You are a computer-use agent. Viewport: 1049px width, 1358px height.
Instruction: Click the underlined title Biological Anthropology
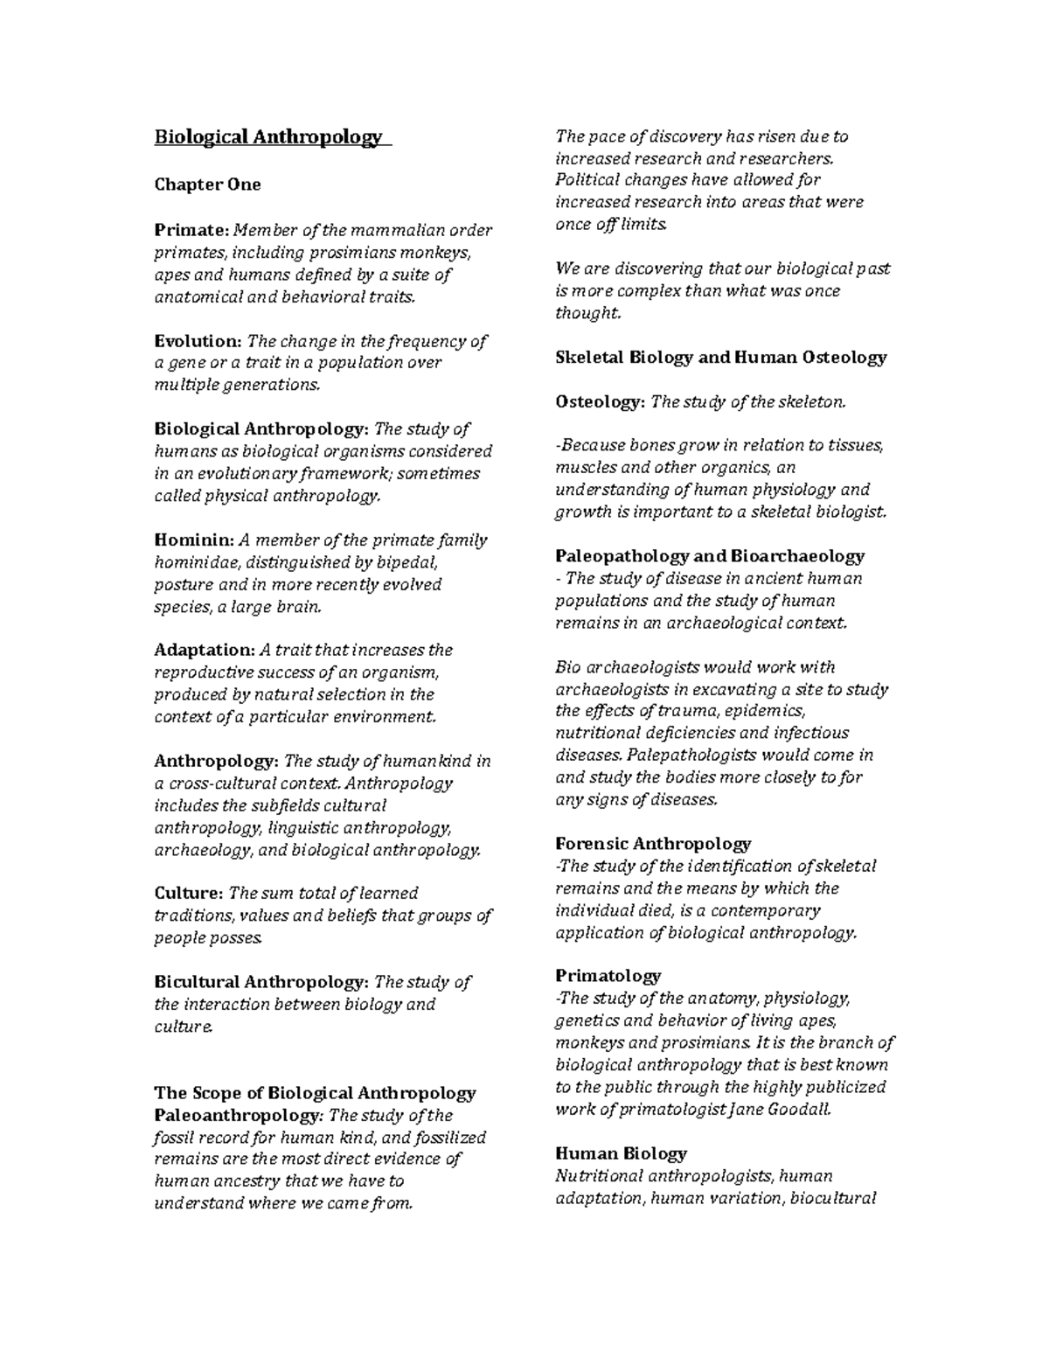click(268, 137)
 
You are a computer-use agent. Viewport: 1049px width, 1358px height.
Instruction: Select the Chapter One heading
click(207, 185)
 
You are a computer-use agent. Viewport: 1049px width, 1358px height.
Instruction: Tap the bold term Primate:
click(191, 230)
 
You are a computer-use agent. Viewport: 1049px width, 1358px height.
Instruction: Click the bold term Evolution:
click(198, 341)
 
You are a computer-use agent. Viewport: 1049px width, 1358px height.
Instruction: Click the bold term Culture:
click(188, 893)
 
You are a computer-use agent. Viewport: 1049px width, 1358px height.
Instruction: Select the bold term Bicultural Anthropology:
click(261, 982)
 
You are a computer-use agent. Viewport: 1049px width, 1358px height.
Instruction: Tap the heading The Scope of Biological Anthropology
click(315, 1093)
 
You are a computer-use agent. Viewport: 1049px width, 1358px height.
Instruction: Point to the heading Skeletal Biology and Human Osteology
click(720, 357)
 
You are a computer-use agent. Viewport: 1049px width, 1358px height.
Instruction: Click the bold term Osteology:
click(601, 401)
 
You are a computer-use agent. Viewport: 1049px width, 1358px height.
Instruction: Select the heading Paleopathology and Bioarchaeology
click(709, 556)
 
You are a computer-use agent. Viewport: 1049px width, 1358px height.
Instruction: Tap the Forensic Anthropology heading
click(652, 844)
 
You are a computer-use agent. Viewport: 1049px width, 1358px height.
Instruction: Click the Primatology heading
click(608, 976)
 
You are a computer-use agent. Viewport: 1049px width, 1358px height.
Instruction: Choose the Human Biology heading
click(621, 1153)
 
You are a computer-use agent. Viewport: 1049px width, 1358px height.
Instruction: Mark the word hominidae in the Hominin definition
click(193, 562)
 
